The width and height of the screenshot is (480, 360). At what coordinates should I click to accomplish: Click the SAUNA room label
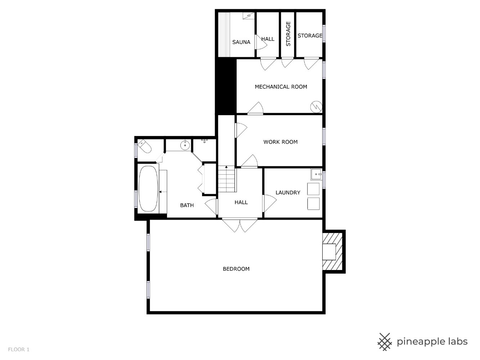click(x=241, y=42)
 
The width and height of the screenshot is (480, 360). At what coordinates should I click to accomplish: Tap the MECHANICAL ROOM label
click(x=281, y=87)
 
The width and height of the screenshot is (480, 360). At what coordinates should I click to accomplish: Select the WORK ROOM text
click(x=281, y=142)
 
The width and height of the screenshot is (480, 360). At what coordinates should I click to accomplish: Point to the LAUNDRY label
click(x=288, y=193)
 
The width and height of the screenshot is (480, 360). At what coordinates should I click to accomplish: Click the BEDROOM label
click(x=236, y=269)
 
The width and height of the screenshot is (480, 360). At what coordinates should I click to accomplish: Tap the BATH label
click(x=187, y=205)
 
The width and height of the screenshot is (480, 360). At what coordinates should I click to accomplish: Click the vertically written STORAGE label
click(x=288, y=34)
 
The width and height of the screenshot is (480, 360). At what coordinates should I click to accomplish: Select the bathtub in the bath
click(x=148, y=188)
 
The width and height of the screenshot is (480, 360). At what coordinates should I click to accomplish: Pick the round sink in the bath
click(x=185, y=145)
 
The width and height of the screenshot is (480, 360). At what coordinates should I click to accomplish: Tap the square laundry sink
click(x=316, y=174)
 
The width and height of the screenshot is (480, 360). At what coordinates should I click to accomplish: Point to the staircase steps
click(x=226, y=179)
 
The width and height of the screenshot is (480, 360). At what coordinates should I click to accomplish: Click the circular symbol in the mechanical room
click(x=316, y=107)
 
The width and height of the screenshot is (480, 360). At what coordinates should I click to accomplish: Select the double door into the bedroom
click(x=240, y=225)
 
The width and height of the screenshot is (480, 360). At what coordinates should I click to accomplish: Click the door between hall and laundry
click(x=269, y=203)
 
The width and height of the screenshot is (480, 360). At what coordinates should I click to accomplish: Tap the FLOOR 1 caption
click(x=19, y=350)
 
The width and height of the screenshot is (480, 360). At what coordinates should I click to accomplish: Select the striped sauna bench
click(x=224, y=34)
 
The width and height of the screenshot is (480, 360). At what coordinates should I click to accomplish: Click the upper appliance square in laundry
click(x=313, y=189)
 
